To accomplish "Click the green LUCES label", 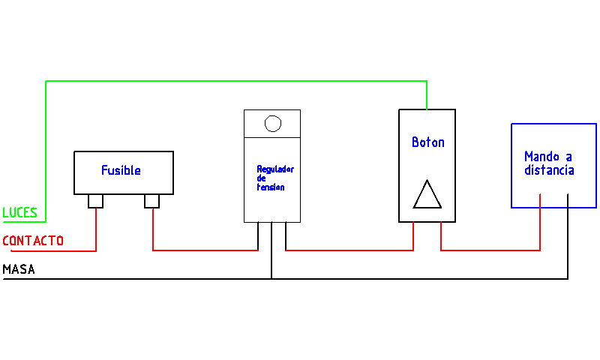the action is point(20,212).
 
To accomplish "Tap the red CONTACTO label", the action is point(33,241).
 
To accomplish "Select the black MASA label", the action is point(19,269).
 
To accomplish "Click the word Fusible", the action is point(121,170).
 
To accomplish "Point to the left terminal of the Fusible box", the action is point(96,201).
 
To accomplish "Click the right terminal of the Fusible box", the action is point(152,201).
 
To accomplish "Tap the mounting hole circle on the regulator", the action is point(273,124).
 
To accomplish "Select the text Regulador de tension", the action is point(275,178).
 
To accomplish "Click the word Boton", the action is point(428,142).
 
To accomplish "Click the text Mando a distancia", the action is point(549,163).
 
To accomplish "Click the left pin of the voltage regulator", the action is point(258,236).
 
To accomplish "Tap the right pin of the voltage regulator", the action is point(286,236).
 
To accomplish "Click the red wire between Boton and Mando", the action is point(490,250).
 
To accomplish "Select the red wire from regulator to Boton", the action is point(349,250).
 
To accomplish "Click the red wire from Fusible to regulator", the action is point(205,250).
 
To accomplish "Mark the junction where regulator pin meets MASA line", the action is point(271,279).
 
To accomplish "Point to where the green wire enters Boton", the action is point(427,109).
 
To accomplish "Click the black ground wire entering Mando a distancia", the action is point(568,236).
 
